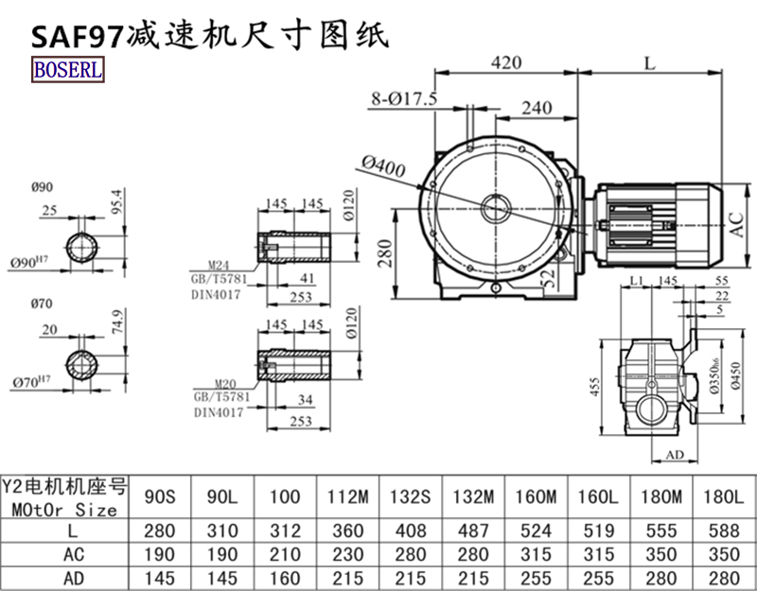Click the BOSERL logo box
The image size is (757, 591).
[67, 69]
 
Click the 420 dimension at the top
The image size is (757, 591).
[506, 63]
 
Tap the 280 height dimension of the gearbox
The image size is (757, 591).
[386, 253]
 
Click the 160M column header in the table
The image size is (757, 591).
[535, 496]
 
